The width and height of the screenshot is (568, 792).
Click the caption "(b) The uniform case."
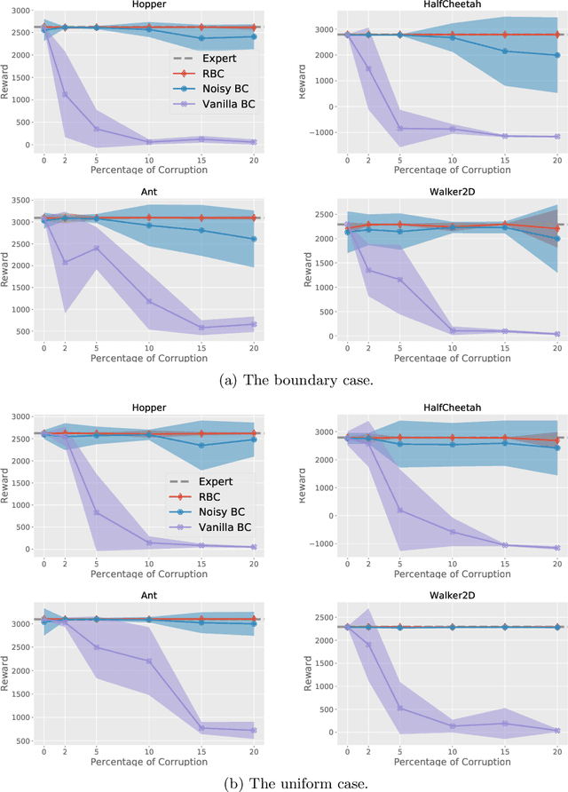(284, 781)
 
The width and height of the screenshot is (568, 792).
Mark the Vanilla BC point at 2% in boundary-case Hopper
(64, 94)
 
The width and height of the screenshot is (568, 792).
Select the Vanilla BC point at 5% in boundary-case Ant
(96, 248)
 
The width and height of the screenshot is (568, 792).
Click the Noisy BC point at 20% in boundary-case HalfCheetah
(556, 55)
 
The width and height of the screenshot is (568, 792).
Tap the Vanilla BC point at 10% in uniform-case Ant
(147, 661)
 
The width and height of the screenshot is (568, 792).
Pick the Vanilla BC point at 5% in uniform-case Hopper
(96, 513)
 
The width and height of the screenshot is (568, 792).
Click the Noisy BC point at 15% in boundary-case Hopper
(201, 38)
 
